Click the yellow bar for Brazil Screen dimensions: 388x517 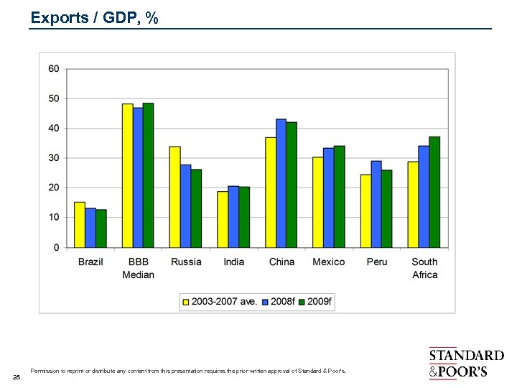coord(79,225)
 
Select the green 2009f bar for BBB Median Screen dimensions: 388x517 coord(148,175)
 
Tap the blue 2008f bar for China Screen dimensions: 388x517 coord(281,183)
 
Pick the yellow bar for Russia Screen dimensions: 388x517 coord(174,197)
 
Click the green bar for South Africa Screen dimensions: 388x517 coord(434,192)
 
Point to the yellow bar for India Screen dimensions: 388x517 coord(223,219)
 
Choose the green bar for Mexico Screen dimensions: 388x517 coord(339,196)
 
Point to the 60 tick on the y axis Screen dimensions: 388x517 coord(54,69)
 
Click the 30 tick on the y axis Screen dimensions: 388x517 coord(54,158)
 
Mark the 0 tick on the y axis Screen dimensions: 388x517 coord(57,247)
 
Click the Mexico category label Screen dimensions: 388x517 coord(329,262)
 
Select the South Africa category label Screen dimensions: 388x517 coord(424,268)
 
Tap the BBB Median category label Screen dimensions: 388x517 coord(138,268)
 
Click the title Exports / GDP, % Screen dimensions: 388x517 coord(94,18)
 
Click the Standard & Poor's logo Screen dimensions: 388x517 coord(466,363)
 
